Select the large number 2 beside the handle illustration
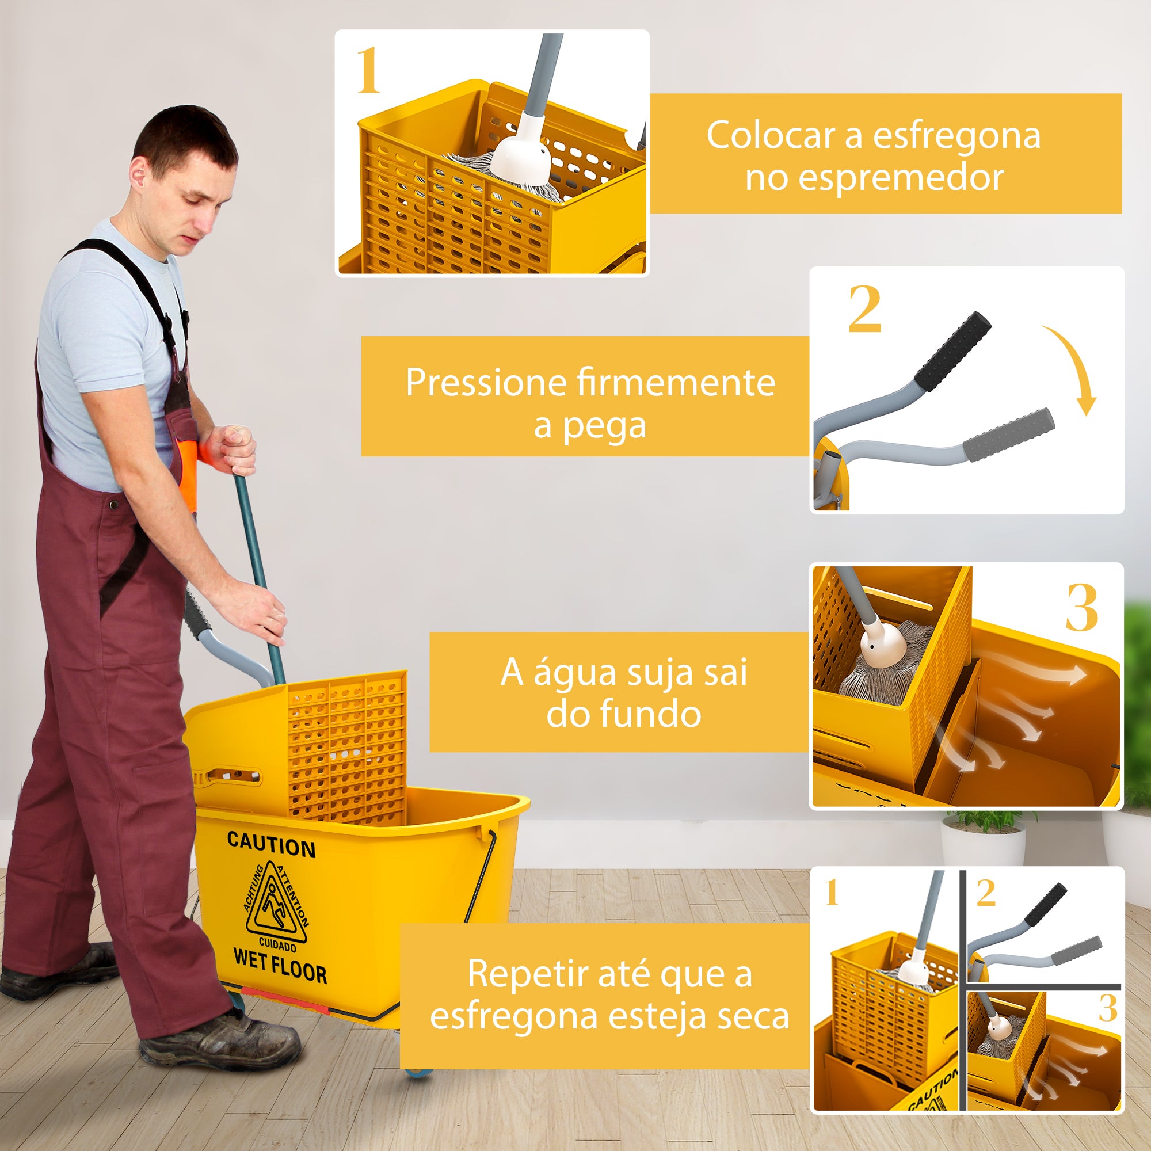(864, 310)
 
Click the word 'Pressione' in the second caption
(485, 383)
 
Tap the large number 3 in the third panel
(1081, 608)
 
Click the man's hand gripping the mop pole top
(234, 449)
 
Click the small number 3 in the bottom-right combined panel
(1107, 1008)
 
